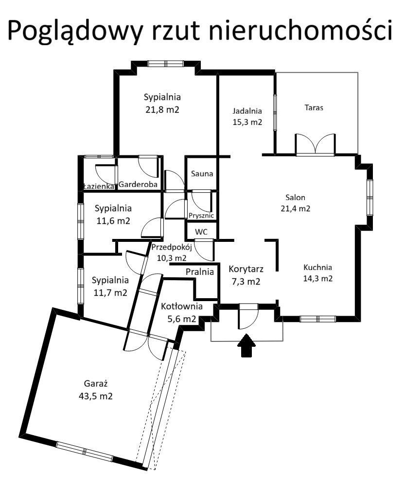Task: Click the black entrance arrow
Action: click(247, 345)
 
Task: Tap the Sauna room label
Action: click(202, 173)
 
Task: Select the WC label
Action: click(201, 232)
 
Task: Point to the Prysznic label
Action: click(201, 216)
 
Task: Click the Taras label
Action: click(314, 107)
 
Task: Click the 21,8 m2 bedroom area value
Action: click(162, 110)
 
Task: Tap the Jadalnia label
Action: click(247, 111)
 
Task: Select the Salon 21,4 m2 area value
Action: click(295, 208)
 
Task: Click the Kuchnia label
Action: click(317, 268)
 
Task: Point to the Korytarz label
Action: click(246, 269)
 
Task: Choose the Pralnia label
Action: click(200, 271)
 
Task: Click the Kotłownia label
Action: click(182, 306)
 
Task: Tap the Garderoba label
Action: click(138, 184)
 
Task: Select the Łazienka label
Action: click(99, 186)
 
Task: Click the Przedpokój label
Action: click(172, 247)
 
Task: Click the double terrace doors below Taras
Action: click(316, 145)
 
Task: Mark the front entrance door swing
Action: click(249, 316)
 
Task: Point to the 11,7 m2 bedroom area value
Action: click(110, 293)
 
